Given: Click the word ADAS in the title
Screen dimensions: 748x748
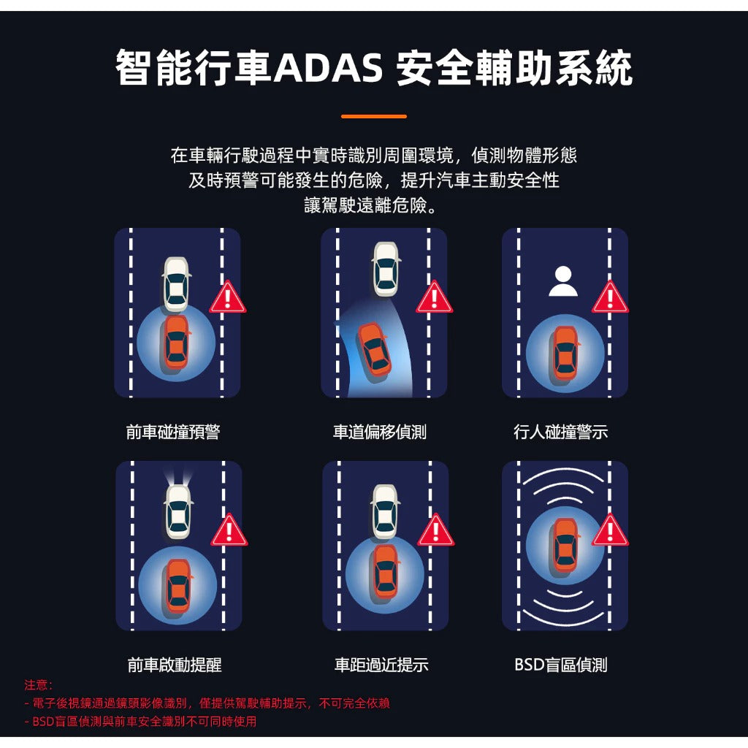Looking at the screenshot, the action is [328, 67].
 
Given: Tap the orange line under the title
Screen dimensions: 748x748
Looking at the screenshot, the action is [374, 116].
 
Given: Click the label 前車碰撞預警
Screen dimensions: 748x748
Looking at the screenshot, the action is [173, 432].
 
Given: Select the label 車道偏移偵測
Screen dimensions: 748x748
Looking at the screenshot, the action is [380, 432].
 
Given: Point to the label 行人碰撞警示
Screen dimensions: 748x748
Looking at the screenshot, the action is [561, 432].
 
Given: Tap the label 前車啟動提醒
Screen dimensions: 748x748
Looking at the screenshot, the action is [175, 665].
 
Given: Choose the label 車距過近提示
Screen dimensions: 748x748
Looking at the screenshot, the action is [381, 665].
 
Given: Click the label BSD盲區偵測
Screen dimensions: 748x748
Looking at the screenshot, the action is [561, 665].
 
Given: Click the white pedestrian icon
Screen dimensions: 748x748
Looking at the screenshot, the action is [563, 281].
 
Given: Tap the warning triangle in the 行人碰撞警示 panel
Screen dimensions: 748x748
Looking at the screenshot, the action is [610, 298].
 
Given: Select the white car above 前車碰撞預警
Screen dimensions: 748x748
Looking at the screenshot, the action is [177, 284].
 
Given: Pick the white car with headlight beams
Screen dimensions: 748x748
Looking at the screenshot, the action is [178, 511].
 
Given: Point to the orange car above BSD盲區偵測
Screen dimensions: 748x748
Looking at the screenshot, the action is [566, 546].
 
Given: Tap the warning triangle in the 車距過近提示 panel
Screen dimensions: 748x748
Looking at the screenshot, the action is [435, 530].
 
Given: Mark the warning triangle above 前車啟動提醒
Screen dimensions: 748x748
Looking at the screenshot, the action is [229, 530].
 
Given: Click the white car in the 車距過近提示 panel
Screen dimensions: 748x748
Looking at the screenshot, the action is [385, 511].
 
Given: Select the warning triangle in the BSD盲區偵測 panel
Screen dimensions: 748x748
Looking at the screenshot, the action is [610, 530].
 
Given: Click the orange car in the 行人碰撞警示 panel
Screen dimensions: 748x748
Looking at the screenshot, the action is [566, 353].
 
